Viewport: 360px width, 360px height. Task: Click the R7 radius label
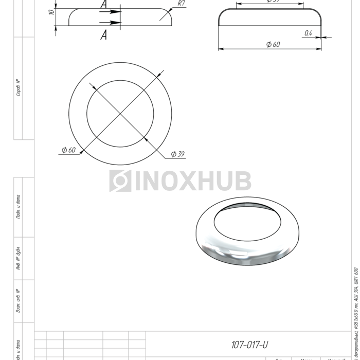pos(181,3)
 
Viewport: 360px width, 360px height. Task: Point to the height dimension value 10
pos(51,12)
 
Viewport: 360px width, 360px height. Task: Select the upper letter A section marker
pos(104,5)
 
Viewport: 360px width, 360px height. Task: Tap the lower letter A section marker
pos(104,35)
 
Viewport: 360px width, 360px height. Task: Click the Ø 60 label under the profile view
pos(273,45)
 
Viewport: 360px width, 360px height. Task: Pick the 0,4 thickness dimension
pos(308,33)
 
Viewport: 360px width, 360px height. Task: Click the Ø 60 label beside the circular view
pos(68,150)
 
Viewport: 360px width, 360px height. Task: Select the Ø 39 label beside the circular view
pos(177,154)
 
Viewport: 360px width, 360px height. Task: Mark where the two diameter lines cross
pos(120,113)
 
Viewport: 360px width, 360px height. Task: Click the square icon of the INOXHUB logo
pos(120,181)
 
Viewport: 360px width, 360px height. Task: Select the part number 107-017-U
pos(250,345)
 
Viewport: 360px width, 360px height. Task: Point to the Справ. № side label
pos(18,87)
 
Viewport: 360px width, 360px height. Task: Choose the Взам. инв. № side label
pos(18,301)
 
